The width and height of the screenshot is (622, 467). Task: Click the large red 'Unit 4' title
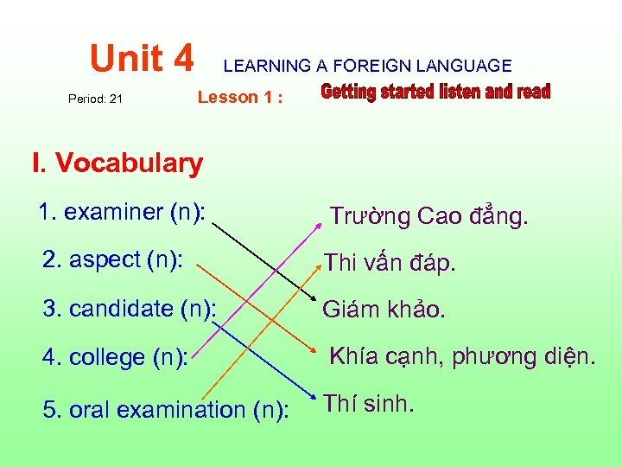pos(143,58)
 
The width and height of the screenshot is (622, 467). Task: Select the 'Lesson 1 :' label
pos(240,97)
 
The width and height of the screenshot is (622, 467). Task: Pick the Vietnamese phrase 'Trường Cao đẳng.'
pos(428,216)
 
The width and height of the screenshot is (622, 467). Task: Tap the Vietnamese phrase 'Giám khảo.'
pos(384,310)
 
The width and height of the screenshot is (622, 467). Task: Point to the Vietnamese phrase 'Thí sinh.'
pos(369,404)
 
